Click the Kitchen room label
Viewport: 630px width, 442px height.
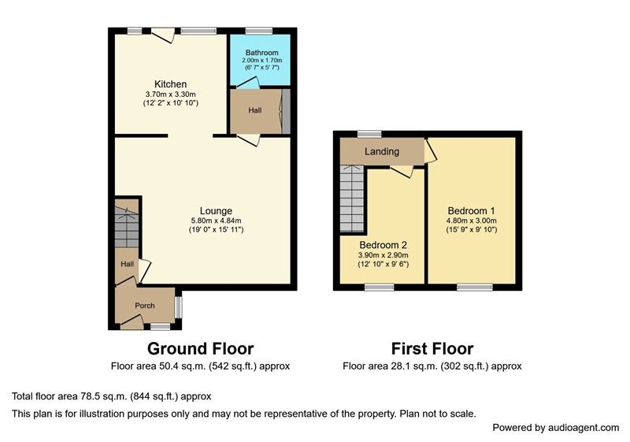click(x=170, y=84)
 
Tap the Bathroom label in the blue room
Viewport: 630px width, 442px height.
click(x=262, y=53)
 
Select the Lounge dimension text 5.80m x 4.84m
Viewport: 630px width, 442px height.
click(x=216, y=221)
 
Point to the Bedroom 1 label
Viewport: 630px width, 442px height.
click(x=471, y=210)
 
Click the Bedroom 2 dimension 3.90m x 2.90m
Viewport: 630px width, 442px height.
click(x=384, y=255)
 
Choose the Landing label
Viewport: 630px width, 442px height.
click(x=382, y=151)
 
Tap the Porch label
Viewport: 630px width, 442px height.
click(x=145, y=306)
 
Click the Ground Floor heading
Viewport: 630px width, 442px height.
click(x=201, y=348)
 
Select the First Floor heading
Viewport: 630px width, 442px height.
click(x=432, y=348)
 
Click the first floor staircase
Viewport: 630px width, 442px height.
click(x=352, y=199)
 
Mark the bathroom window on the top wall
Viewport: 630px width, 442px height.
click(x=259, y=31)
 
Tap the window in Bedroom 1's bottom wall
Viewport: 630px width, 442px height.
click(x=475, y=287)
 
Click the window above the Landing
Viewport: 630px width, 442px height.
click(x=369, y=134)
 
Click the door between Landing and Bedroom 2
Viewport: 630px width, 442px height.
click(x=402, y=171)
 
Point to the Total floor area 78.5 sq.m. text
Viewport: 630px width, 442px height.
click(x=111, y=396)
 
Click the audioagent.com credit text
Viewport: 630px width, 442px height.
click(x=556, y=428)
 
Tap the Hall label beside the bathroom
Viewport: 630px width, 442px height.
click(x=254, y=110)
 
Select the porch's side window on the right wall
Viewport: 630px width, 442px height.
click(x=179, y=307)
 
